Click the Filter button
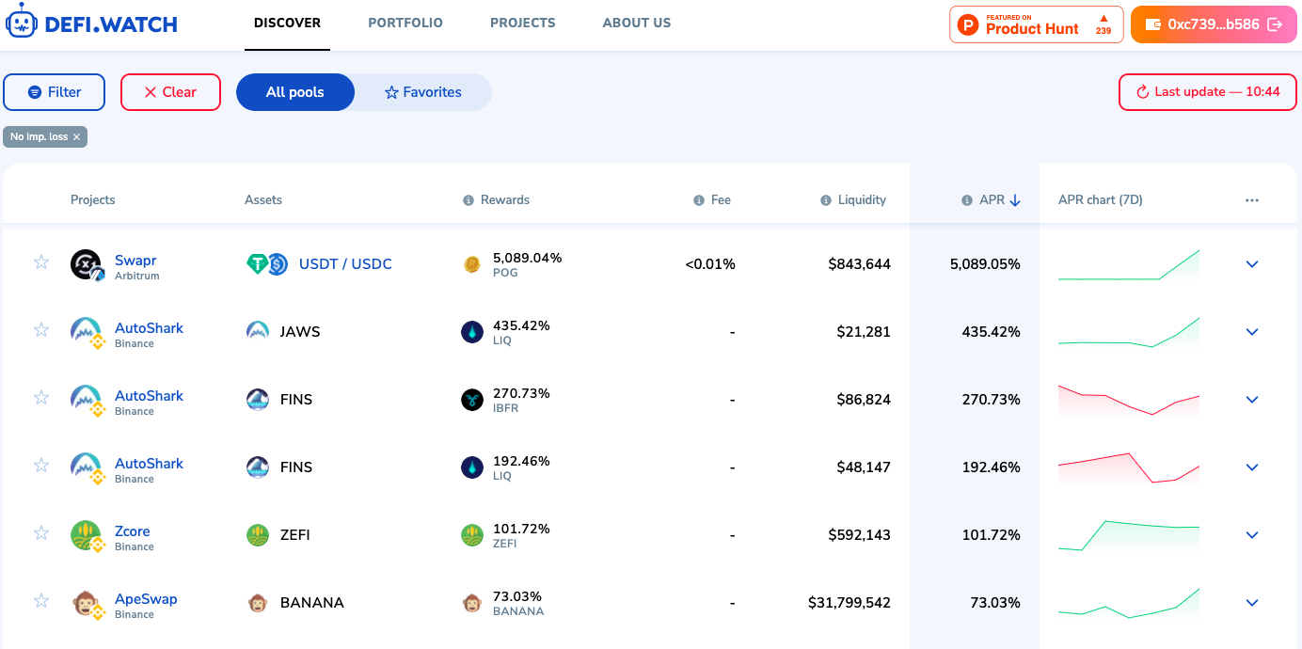pos(55,92)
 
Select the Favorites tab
pos(422,92)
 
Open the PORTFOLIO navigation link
pos(405,23)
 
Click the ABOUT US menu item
pos(637,23)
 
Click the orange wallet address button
pos(1214,24)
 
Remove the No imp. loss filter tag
pos(77,137)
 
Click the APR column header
pos(992,199)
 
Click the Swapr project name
pos(135,261)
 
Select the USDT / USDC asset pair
pos(345,264)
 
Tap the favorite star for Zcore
pos(41,533)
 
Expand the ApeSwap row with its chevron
pos(1252,603)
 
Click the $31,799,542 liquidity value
pos(849,603)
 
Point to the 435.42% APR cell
pos(991,332)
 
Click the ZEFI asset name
pos(294,535)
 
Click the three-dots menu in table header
pos(1251,200)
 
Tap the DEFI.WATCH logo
pos(92,24)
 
